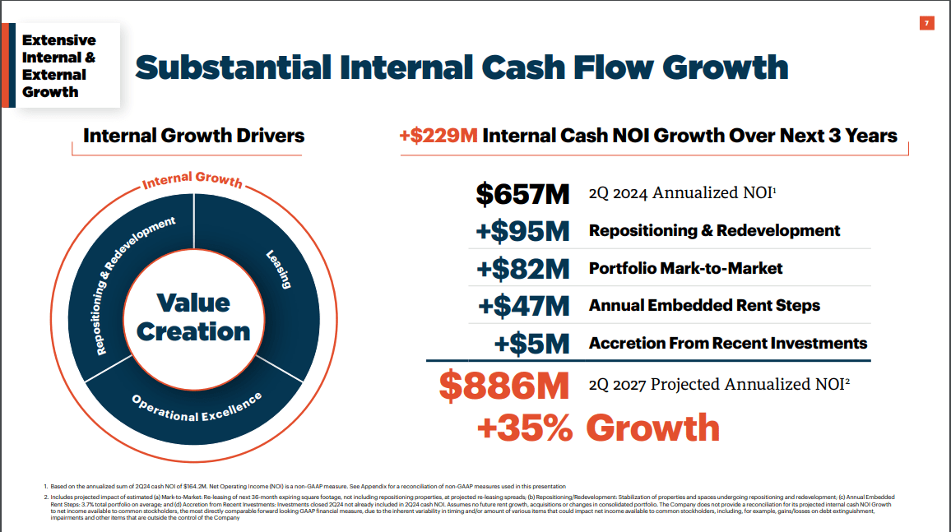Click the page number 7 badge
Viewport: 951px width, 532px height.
coord(926,23)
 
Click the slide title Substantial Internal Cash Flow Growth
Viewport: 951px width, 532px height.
coord(461,67)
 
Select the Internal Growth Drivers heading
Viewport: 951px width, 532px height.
coord(193,136)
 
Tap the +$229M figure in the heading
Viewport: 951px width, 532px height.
coord(438,136)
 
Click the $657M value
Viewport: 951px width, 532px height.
coord(522,194)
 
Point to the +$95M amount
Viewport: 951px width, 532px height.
coord(522,231)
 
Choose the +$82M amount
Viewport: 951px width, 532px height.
coord(522,269)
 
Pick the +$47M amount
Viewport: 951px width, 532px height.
coord(524,306)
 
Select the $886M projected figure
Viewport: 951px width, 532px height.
coord(504,385)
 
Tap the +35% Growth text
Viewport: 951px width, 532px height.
coord(598,428)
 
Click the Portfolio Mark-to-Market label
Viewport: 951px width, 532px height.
coord(685,268)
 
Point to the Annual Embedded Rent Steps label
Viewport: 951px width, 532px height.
coord(704,305)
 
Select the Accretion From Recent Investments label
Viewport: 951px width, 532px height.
coord(728,342)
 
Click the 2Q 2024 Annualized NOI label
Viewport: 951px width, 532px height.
coord(683,193)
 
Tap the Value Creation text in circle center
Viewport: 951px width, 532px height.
coord(193,317)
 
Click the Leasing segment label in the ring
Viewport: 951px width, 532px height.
coord(278,270)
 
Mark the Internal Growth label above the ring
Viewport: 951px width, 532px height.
coord(193,180)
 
